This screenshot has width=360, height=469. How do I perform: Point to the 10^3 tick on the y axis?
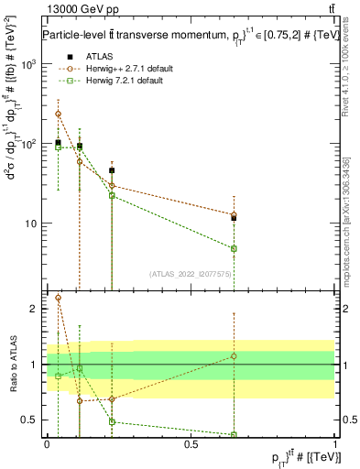[32, 64]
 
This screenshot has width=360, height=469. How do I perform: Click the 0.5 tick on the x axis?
[191, 443]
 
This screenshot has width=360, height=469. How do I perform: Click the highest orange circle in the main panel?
[58, 114]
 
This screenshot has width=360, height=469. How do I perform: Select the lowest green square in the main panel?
[234, 248]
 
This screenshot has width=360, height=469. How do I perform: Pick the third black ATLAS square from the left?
[112, 170]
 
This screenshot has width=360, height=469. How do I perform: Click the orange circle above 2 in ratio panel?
[58, 298]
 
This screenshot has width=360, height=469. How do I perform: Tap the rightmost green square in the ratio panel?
[234, 434]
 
